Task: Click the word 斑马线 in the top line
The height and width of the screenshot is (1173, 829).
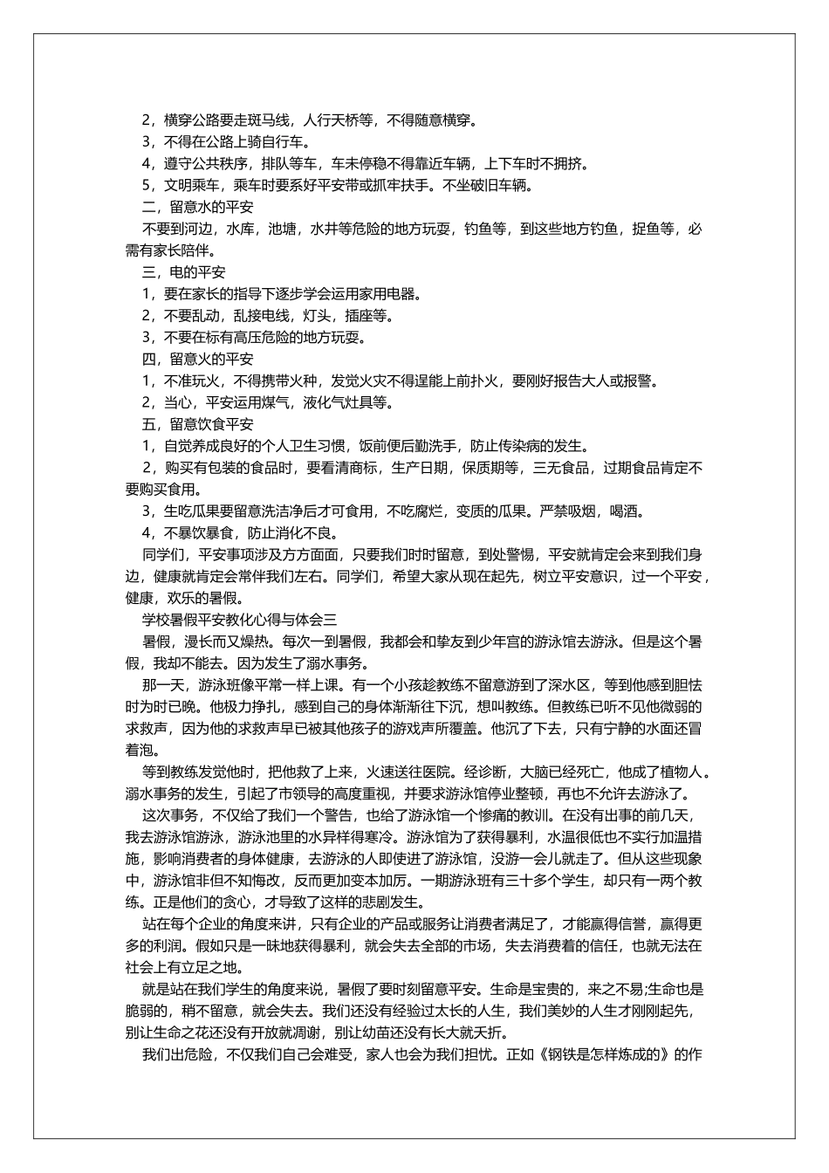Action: click(x=274, y=120)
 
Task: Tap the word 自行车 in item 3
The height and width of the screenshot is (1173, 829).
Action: click(x=288, y=141)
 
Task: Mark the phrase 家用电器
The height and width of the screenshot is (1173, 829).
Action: click(x=385, y=294)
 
